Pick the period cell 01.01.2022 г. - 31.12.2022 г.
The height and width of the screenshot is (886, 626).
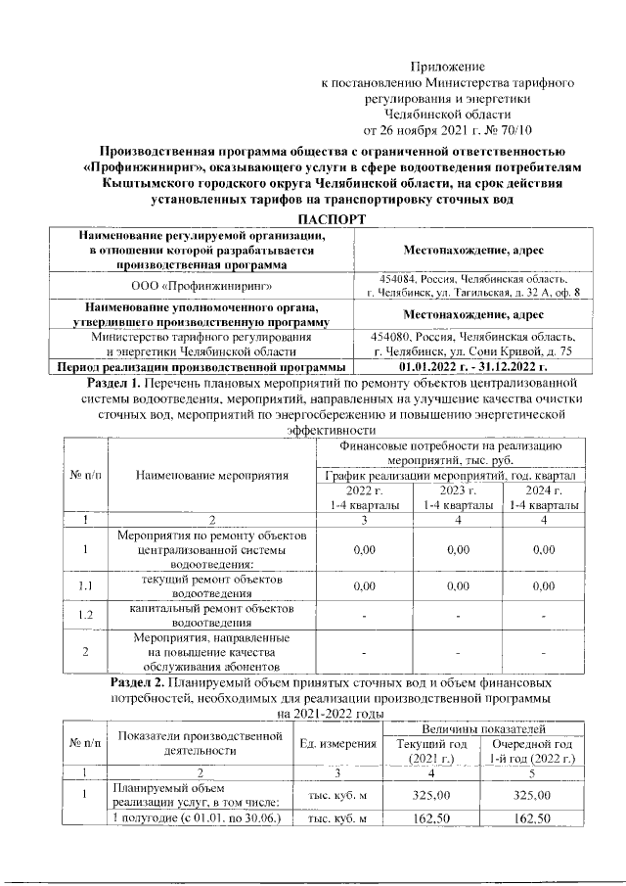[472, 367]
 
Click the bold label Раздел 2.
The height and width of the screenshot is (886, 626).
[136, 679]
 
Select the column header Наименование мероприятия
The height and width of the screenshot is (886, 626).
[212, 476]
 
